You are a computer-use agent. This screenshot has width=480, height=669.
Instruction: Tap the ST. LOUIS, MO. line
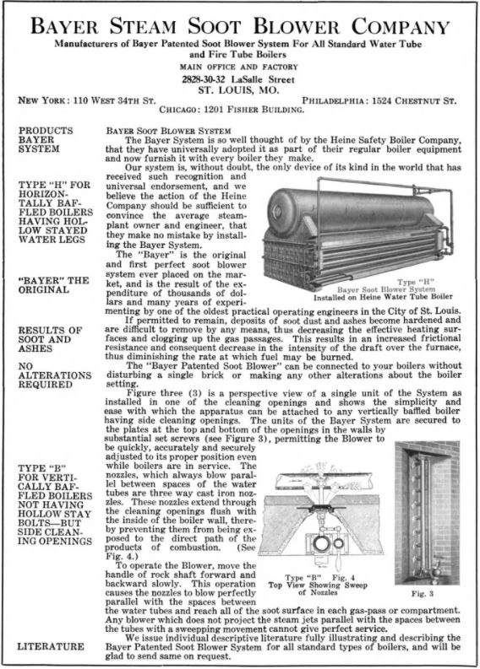(240, 88)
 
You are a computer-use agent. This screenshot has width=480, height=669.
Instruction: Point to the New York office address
(87, 100)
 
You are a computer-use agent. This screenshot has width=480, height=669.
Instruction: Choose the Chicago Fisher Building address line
(240, 111)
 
